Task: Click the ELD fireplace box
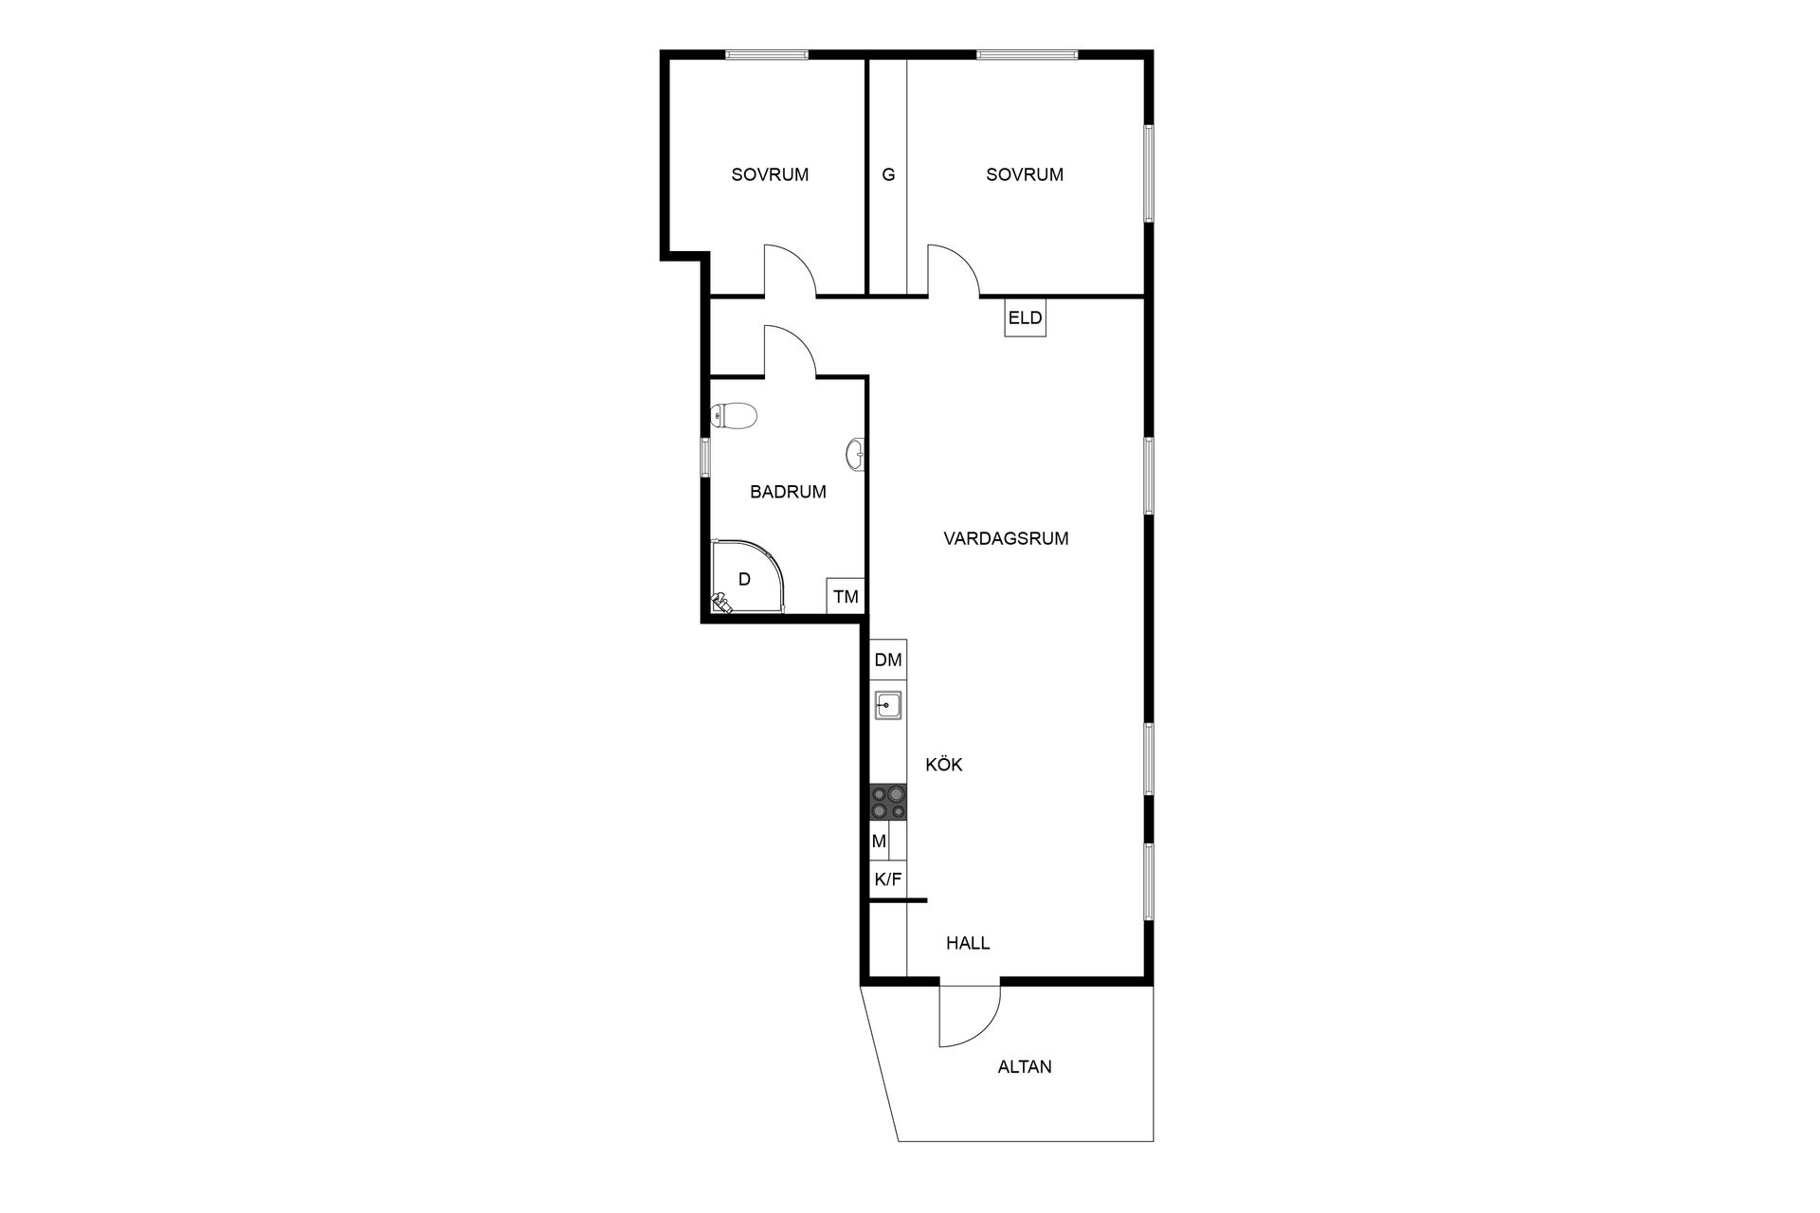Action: tap(1025, 317)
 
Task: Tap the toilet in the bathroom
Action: tap(733, 415)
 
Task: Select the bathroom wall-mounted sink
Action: tap(856, 455)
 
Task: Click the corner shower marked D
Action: tap(749, 577)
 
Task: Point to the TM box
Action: tap(846, 596)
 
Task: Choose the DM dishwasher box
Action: tap(888, 660)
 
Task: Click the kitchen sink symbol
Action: tap(888, 705)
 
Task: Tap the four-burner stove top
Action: tap(888, 802)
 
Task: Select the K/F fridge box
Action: tap(888, 878)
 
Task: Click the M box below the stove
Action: tap(880, 841)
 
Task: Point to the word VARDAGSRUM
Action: tap(1006, 538)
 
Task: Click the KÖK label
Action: tap(943, 764)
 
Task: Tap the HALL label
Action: tap(968, 943)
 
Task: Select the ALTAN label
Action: tap(1025, 1066)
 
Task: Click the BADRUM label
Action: tap(788, 492)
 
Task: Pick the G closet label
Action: tap(888, 174)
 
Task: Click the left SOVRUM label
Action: tap(770, 174)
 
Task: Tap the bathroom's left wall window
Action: tap(704, 457)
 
